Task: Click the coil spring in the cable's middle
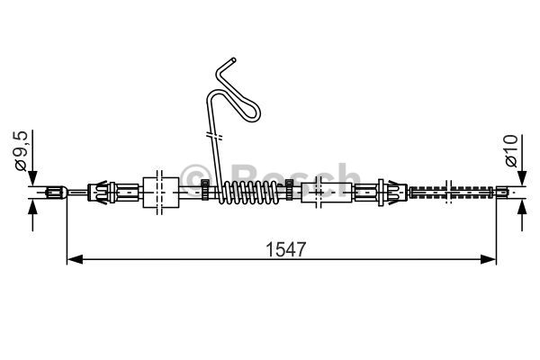pos(249,191)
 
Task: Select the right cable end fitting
pos(505,191)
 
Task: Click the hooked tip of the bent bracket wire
pos(232,61)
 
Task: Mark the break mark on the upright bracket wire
pos(214,137)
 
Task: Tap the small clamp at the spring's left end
pos(206,189)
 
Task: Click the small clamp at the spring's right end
pos(290,189)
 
